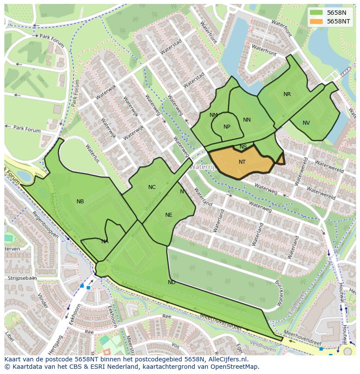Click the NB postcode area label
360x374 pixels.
click(x=80, y=202)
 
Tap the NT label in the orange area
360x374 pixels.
click(x=242, y=162)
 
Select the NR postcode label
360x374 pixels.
click(x=287, y=94)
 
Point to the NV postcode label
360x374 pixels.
click(x=306, y=123)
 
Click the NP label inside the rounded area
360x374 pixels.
click(x=227, y=127)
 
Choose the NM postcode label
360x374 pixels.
click(x=213, y=115)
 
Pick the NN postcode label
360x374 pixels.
click(x=247, y=120)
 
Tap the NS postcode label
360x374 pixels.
click(x=243, y=147)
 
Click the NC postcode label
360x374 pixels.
click(x=152, y=187)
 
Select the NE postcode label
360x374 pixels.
click(x=169, y=215)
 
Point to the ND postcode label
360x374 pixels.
click(x=172, y=282)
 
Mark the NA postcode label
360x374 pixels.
click(x=105, y=242)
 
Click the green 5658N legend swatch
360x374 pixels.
click(x=317, y=13)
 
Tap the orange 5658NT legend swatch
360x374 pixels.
click(x=317, y=21)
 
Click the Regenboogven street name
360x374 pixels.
click(x=45, y=225)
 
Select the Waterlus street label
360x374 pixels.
click(x=93, y=153)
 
